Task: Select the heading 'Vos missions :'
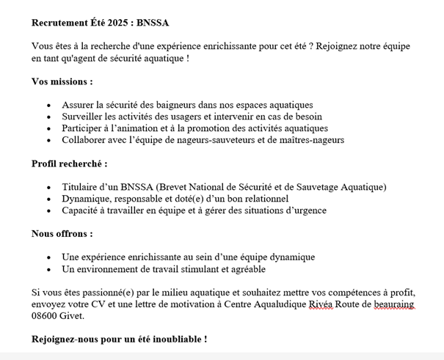62,81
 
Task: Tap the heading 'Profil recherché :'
70,164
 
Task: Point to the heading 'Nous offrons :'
62,234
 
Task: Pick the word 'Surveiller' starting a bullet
84,117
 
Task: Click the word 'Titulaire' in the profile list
81,187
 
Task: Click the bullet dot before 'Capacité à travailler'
48,211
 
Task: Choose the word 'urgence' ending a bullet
308,210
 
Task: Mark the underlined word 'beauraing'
393,304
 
